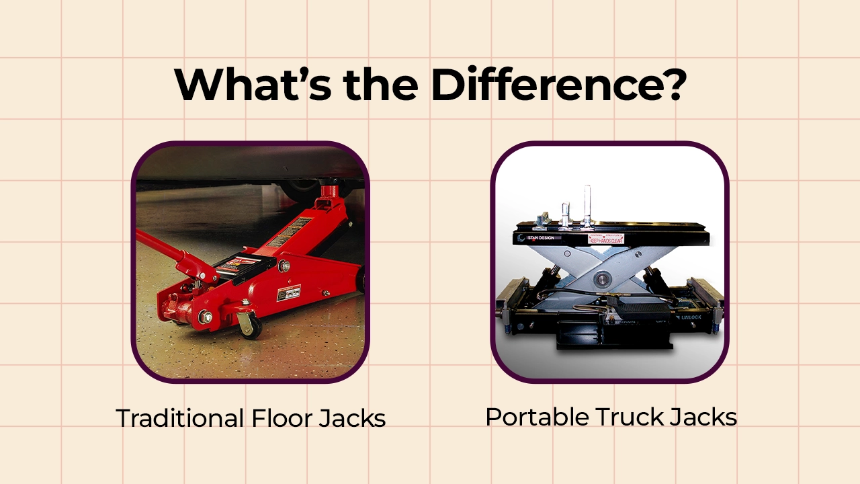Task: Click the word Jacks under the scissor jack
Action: (704, 417)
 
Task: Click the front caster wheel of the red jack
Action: (250, 325)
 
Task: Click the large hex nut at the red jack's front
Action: (206, 316)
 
